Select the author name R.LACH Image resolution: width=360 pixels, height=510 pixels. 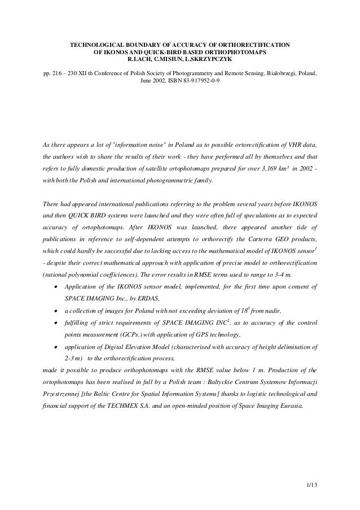click(142, 59)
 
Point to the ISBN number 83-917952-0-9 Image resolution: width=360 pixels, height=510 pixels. click(199, 81)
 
